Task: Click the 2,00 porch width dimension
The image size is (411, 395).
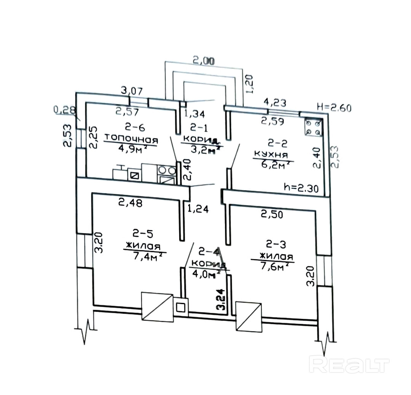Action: tap(204, 60)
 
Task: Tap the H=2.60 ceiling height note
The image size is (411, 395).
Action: tap(334, 107)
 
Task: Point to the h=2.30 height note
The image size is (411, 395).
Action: tap(303, 187)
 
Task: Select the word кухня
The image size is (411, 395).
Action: tap(271, 155)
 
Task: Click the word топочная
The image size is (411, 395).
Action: tap(131, 137)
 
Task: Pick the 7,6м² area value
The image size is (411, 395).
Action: tap(272, 267)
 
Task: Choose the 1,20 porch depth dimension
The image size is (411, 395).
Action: tap(250, 84)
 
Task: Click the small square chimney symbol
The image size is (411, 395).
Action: tap(181, 306)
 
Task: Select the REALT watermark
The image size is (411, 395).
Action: tap(349, 365)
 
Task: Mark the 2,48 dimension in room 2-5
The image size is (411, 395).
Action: tap(130, 203)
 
